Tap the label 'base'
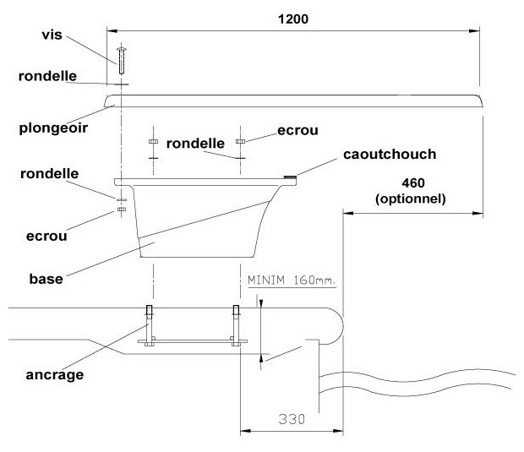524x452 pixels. (49, 280)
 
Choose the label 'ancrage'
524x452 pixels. (53, 375)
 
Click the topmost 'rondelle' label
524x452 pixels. (48, 76)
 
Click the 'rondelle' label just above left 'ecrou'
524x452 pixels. (48, 173)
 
